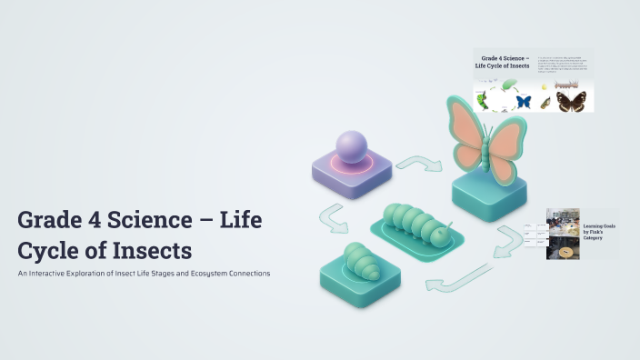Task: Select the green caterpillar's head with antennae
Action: [439, 235]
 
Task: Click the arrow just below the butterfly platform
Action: [507, 238]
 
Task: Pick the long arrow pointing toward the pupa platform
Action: [458, 279]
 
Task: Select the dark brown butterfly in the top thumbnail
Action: [571, 100]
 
